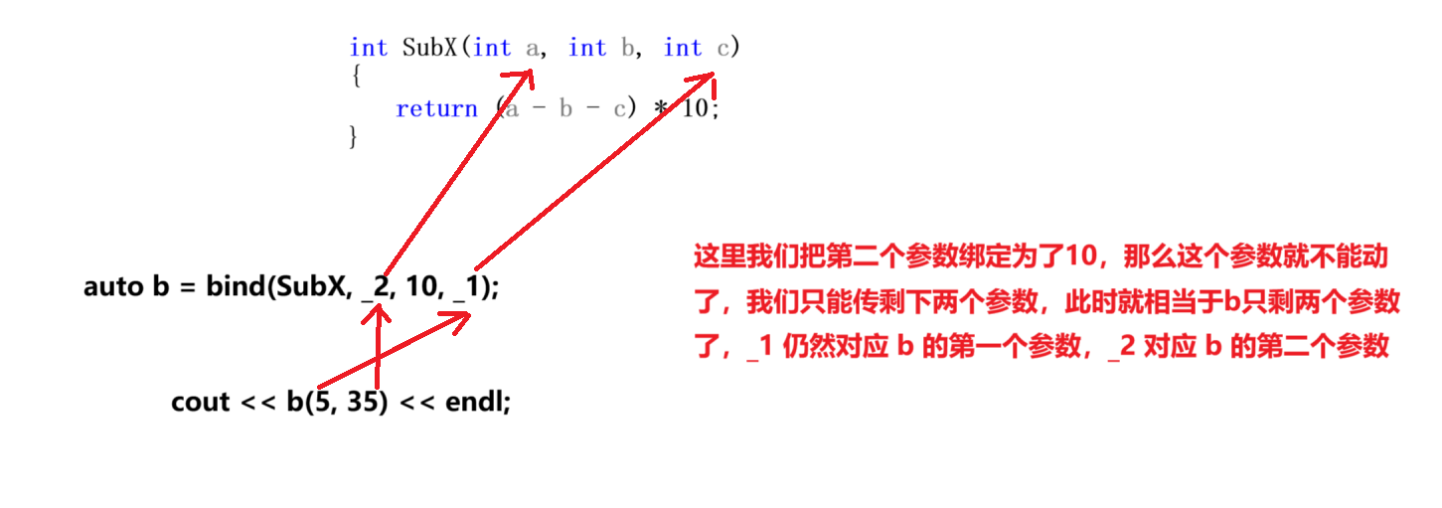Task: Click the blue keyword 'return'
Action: pos(436,109)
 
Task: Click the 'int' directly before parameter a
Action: pos(492,48)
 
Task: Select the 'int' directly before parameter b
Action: pos(587,48)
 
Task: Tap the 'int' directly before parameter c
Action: pos(683,48)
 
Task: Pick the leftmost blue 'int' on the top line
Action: pos(369,48)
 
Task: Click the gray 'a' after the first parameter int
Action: pos(533,48)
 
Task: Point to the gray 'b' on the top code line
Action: pos(628,48)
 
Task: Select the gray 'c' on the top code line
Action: pos(723,48)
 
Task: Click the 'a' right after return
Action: pos(512,109)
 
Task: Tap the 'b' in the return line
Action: pos(565,109)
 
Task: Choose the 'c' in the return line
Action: pos(620,109)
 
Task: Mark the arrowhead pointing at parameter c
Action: pos(712,77)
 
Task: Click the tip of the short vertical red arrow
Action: pos(377,306)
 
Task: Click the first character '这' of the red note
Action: pos(706,256)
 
